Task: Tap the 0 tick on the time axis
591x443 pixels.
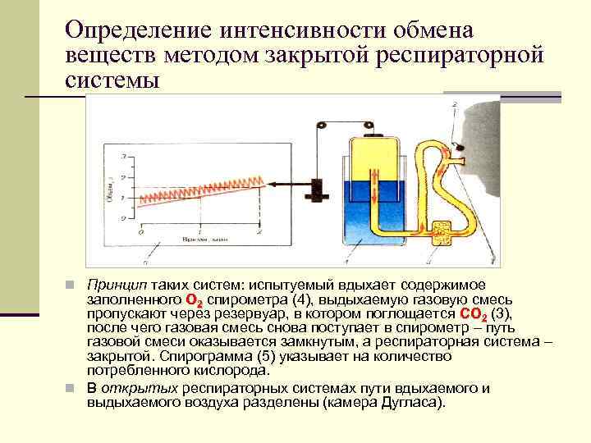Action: tap(140, 233)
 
